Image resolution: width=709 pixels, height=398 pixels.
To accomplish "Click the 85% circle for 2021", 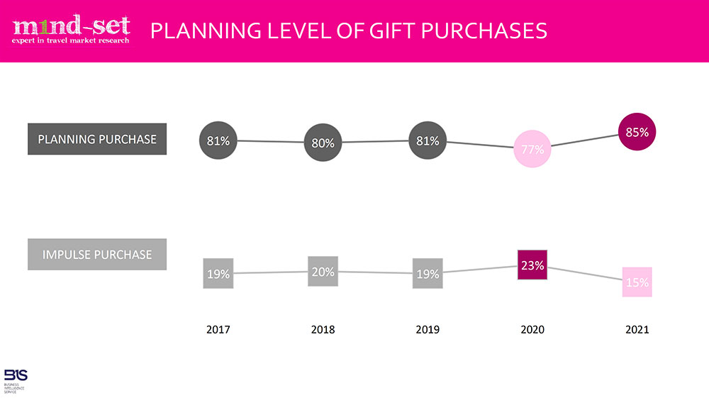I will point(637,132).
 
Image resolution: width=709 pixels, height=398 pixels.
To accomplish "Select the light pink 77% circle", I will point(532,149).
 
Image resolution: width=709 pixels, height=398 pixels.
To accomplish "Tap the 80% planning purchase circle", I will point(323,143).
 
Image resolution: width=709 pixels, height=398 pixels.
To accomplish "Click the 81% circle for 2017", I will point(218,140).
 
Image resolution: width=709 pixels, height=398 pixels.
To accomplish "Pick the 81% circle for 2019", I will point(428,140).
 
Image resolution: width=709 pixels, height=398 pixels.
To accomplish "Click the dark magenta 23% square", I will point(532,265).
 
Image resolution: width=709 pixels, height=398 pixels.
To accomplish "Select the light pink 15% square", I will point(637,282).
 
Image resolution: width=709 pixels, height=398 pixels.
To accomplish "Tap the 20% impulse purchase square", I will point(323,271).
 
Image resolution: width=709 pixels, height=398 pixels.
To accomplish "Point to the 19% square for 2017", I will point(218,274).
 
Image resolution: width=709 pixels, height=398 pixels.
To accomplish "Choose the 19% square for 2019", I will point(428,274).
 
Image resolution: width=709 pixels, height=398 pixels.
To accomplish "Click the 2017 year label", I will point(218,330).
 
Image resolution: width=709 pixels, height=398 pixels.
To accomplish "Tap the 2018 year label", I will point(323,330).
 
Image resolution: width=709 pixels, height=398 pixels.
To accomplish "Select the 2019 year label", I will point(428,330).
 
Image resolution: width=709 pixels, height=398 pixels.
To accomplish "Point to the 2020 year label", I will point(532,330).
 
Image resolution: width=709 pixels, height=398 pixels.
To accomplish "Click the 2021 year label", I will point(637,330).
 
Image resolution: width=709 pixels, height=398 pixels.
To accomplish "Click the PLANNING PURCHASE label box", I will point(97,139).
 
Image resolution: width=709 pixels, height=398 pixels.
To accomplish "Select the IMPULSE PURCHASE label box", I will point(97,254).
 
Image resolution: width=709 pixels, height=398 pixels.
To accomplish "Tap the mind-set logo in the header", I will point(71,30).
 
